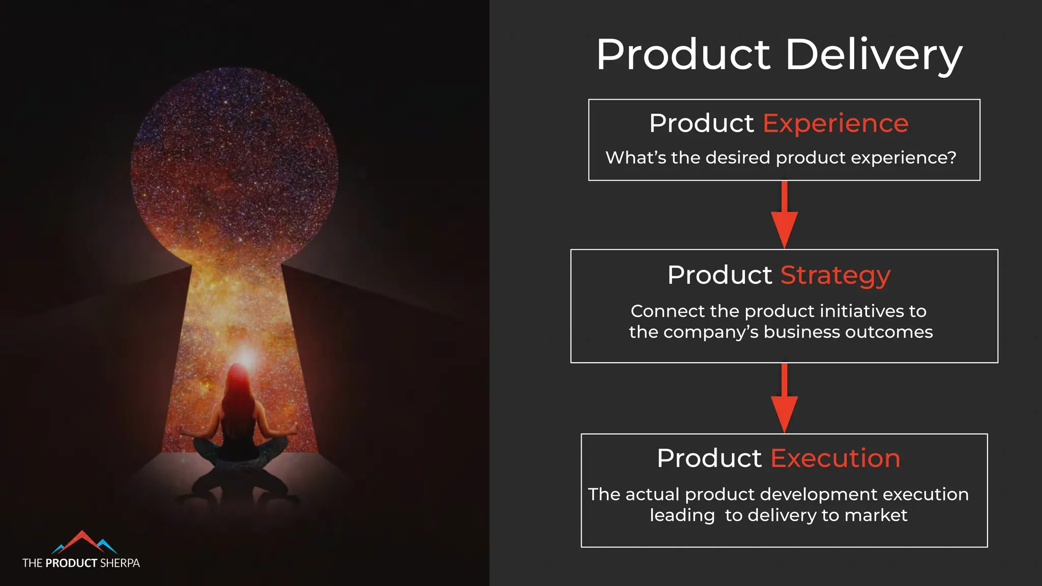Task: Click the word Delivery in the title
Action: point(874,55)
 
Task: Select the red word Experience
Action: point(835,124)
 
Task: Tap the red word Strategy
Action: point(835,275)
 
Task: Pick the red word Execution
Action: point(835,458)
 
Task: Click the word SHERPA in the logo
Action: point(120,563)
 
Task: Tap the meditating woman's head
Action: point(237,377)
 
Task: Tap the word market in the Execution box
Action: point(876,515)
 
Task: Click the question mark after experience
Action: point(952,158)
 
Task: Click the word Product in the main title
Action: point(683,55)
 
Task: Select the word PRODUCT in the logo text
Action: point(71,563)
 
